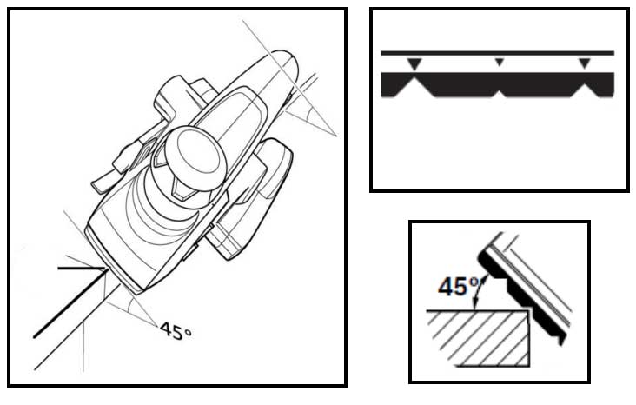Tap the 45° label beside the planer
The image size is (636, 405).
(176, 331)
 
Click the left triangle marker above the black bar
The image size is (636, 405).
(414, 63)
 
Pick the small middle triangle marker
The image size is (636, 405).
(500, 62)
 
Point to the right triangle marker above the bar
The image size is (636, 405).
(584, 63)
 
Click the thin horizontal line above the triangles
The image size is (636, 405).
(497, 53)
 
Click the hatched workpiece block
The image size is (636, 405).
(479, 338)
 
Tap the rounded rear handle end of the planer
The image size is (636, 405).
(284, 61)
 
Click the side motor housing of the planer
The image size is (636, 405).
(251, 199)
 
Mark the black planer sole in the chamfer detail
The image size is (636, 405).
(522, 296)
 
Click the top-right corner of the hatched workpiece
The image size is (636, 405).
(530, 310)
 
